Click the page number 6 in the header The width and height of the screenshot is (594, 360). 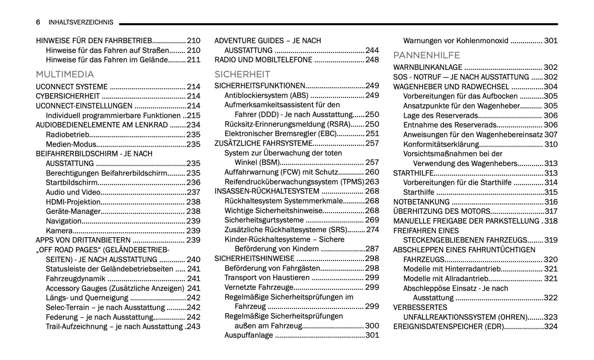pos(38,22)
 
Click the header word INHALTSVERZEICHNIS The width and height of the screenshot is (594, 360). pos(81,22)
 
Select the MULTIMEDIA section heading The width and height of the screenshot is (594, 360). pos(65,74)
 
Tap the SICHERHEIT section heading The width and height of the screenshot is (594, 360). pos(242,74)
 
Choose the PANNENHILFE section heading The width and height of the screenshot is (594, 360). pos(426,55)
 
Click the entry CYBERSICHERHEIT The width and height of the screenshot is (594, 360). pos(68,96)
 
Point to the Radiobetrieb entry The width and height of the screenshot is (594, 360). pos(67,135)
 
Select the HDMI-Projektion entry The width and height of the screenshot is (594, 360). pos(73,202)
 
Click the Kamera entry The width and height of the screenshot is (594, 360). pos(59,231)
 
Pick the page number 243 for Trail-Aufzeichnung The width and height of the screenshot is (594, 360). pos(193,327)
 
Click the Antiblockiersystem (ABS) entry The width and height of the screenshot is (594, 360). pos(266,95)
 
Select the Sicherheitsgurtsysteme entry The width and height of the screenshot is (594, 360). pos(264,220)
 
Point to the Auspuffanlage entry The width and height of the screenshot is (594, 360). pos(249,335)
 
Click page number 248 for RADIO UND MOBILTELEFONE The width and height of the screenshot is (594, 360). pos(372,60)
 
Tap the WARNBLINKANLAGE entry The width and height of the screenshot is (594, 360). pos(428,67)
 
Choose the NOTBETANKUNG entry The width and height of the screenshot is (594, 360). pos(421,202)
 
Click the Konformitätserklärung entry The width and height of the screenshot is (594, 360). pos(441,144)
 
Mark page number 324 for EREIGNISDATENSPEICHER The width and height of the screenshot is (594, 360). pos(550,327)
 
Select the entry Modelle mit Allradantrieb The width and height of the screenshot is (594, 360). pos(446,279)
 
